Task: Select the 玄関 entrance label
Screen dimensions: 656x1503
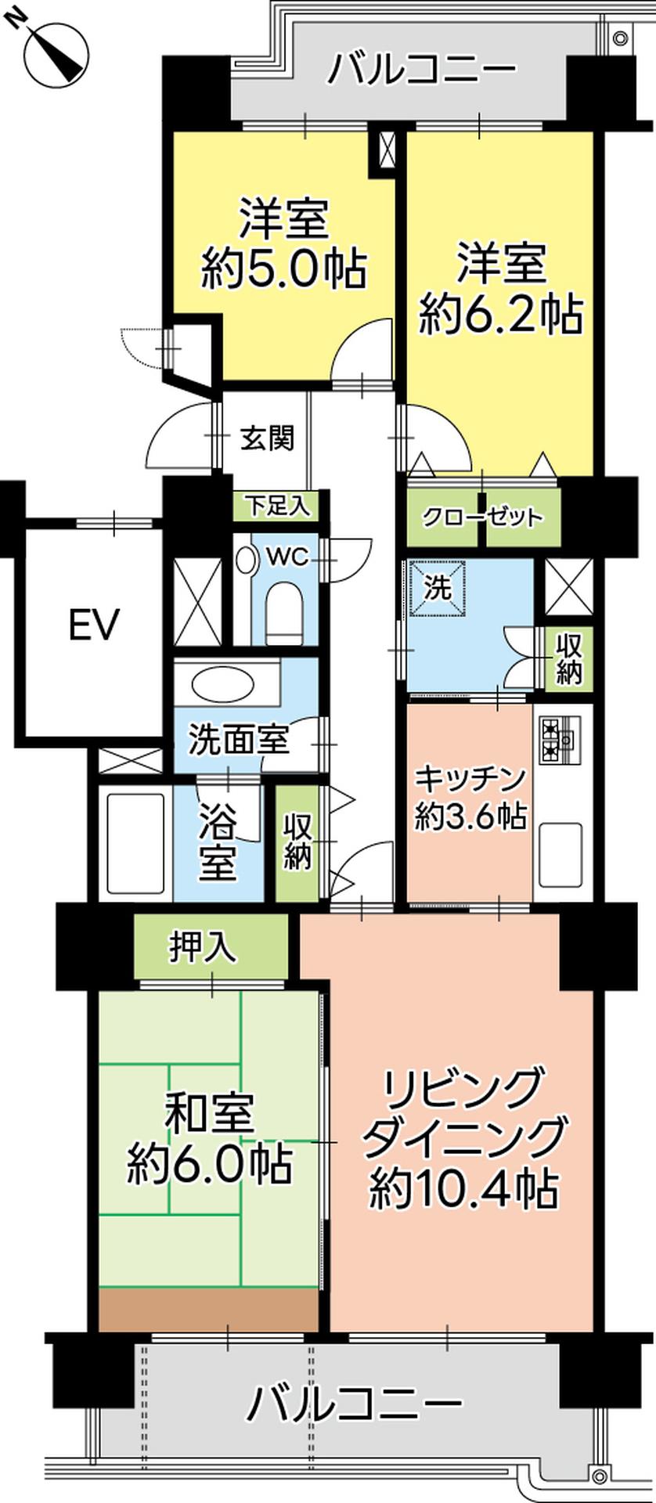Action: [x=267, y=438]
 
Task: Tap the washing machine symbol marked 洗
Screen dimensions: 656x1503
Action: [x=438, y=588]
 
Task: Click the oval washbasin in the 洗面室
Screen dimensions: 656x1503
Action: [x=223, y=686]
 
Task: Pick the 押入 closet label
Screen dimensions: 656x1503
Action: [x=203, y=948]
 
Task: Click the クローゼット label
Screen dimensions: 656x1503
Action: [x=482, y=517]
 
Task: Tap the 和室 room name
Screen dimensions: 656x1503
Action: [x=209, y=1115]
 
